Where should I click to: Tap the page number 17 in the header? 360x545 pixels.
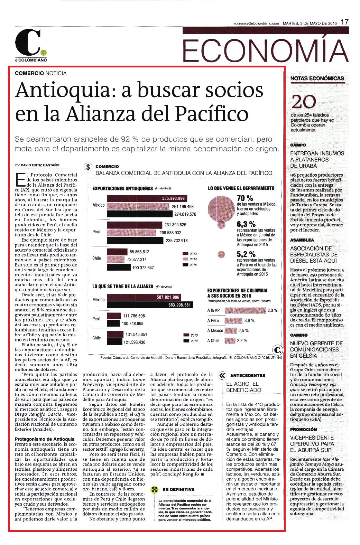pos(344,22)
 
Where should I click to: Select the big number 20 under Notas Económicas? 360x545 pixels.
pos(303,102)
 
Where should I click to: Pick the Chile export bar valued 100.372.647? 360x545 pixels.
pos(119,267)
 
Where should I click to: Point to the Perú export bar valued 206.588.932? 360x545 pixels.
pos(132,233)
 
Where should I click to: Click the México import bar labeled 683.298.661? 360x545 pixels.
pos(150,305)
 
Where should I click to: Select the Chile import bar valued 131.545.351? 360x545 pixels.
pos(115,334)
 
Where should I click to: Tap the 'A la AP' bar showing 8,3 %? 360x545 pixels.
pos(245,310)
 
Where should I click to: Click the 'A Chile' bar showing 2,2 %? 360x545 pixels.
pos(230,341)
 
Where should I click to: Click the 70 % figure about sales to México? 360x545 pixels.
pos(245,198)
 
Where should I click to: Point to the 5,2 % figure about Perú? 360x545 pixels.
pos(246,254)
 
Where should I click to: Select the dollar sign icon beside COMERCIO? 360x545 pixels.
pos(88,167)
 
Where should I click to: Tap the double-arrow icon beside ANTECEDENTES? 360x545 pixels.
pos(222,376)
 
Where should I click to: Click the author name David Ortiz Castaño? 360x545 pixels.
pos(40,165)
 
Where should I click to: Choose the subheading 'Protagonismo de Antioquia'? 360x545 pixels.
pos(45,439)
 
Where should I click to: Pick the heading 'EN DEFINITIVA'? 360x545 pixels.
pos(178,489)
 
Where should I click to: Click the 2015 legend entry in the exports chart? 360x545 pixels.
pos(190,265)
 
